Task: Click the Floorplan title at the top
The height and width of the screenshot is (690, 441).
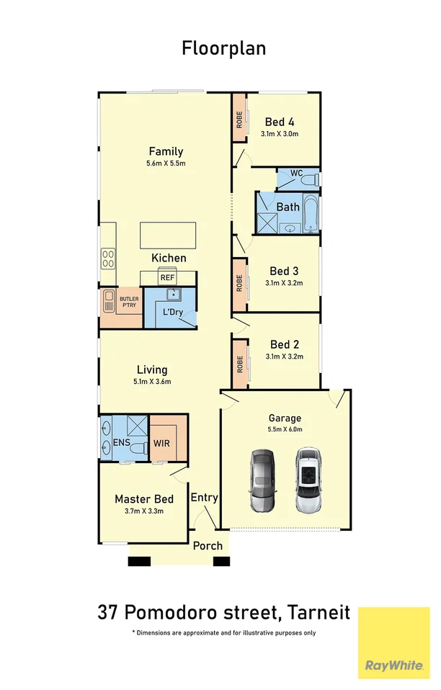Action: point(223,48)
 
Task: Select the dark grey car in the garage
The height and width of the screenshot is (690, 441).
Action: point(263,480)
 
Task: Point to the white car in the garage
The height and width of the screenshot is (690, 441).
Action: point(309,480)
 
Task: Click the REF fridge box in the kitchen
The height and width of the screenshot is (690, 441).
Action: point(168,278)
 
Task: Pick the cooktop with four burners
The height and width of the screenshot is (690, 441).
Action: point(108,259)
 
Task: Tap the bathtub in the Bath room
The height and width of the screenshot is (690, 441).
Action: point(311,215)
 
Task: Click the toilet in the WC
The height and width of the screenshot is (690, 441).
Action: point(311,179)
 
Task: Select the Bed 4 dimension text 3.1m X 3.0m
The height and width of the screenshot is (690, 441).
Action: point(280,134)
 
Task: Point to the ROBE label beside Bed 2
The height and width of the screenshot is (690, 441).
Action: point(240,364)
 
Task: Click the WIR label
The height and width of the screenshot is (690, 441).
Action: point(161,443)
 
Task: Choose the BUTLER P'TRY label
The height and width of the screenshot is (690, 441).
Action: point(129,302)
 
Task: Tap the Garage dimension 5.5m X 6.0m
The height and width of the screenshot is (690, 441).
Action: point(285,429)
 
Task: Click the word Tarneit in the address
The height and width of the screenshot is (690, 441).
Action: point(318,612)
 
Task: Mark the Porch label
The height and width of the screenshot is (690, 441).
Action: point(208,546)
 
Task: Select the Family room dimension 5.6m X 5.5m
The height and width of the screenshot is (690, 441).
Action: point(166,163)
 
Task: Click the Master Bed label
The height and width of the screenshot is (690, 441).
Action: point(144,499)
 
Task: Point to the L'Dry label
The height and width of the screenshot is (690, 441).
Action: point(173,312)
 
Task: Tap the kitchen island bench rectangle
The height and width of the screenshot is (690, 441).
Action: point(168,236)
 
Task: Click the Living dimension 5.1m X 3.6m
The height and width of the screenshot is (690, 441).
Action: point(152,382)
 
